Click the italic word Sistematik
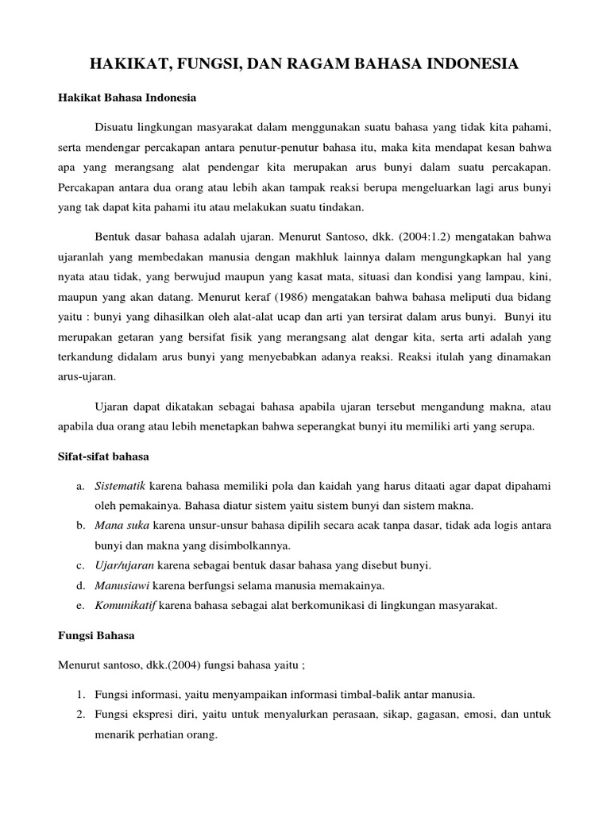(120, 485)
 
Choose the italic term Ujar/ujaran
(125, 566)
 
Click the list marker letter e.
(81, 606)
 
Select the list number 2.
(81, 714)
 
